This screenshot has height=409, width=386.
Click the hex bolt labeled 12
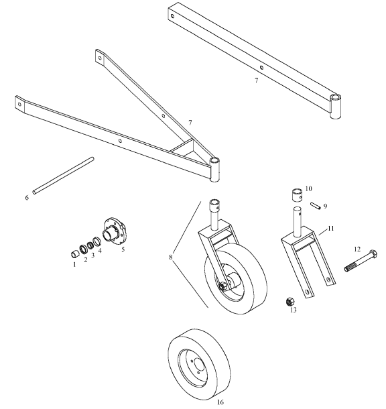(362, 262)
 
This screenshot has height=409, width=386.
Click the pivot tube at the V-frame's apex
(215, 170)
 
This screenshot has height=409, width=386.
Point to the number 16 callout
(220, 402)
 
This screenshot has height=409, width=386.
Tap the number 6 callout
(27, 198)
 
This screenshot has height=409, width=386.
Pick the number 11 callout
(329, 229)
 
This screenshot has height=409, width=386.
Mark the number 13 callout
(292, 310)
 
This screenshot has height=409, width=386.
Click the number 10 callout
(309, 189)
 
